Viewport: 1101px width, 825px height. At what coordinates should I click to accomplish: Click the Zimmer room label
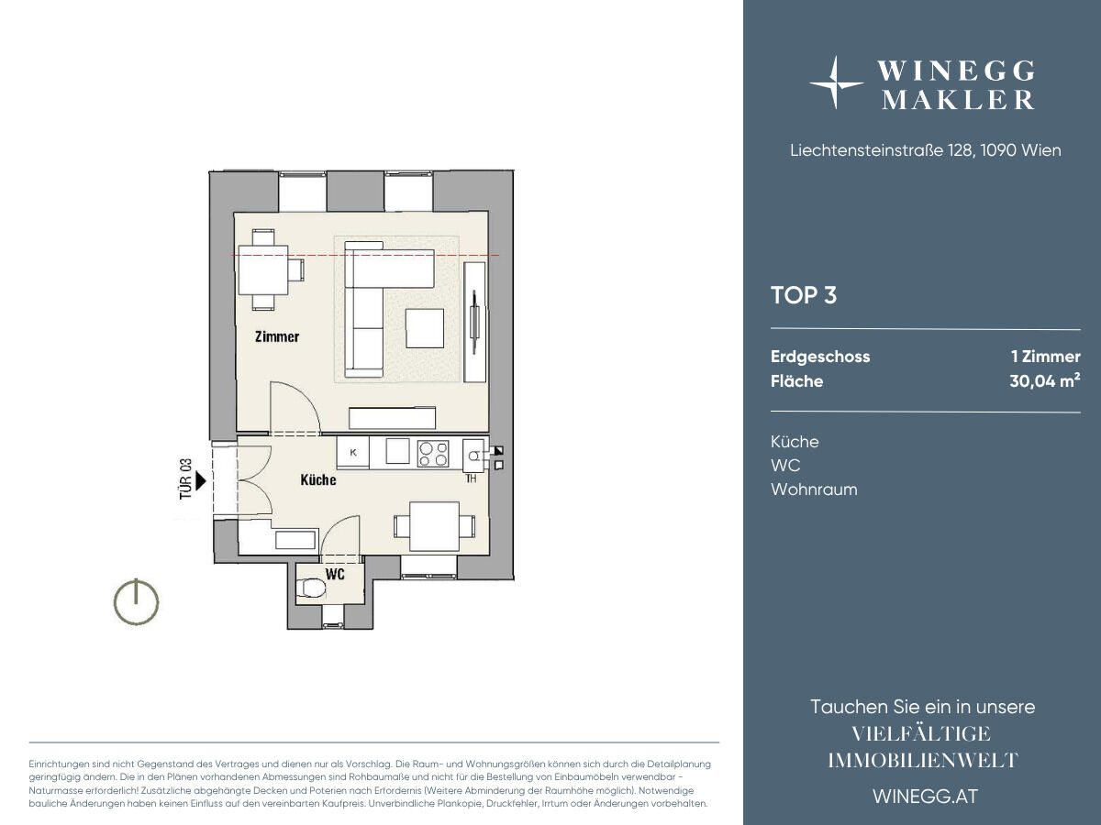point(277,336)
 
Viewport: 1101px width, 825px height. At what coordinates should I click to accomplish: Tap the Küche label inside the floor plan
point(318,479)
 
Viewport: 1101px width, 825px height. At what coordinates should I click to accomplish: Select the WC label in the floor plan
point(335,574)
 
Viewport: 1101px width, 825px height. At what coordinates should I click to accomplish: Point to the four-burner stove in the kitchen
point(433,454)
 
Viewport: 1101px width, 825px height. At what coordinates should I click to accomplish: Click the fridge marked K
point(353,453)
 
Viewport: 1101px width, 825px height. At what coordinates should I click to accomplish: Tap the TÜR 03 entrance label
point(185,478)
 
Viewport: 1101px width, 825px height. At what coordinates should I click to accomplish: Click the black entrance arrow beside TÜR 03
point(201,481)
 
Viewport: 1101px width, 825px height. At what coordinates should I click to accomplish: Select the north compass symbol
point(136,601)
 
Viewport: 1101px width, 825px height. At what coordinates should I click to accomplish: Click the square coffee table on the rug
point(425,328)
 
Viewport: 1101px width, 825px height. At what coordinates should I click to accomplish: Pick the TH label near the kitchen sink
point(471,478)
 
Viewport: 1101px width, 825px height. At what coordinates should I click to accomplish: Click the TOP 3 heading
point(804,295)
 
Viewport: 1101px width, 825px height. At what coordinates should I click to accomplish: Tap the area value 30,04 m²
point(1045,380)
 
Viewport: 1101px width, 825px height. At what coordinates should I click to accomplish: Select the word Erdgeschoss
point(820,357)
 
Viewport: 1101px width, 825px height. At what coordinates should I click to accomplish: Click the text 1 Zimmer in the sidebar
point(1046,357)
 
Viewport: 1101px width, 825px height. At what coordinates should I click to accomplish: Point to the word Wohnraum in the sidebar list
point(814,489)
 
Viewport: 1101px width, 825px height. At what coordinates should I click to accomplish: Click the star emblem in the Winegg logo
point(835,82)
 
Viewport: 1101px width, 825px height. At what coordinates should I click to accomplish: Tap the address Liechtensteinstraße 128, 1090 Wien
point(926,150)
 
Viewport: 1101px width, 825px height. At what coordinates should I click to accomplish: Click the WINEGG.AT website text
point(926,797)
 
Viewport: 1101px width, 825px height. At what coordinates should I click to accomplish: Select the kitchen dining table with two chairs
point(434,526)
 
